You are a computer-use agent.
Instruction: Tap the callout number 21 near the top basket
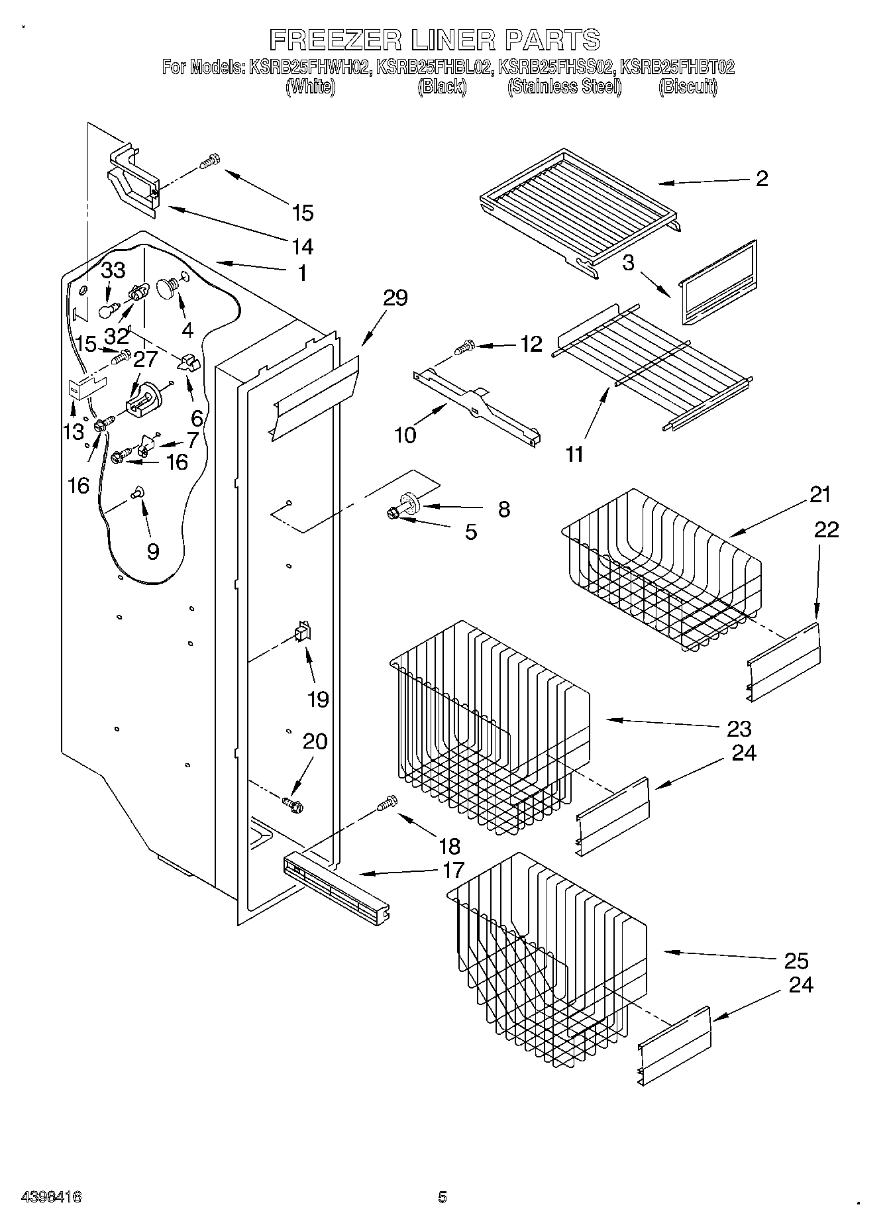tap(819, 494)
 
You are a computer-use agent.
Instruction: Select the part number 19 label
tap(318, 699)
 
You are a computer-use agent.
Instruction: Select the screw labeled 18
tap(386, 804)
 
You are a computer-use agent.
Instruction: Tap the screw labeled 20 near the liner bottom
tap(291, 804)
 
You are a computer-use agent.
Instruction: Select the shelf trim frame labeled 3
tap(719, 284)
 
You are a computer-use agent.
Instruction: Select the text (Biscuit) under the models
tap(688, 87)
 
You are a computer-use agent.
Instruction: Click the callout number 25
tap(796, 961)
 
